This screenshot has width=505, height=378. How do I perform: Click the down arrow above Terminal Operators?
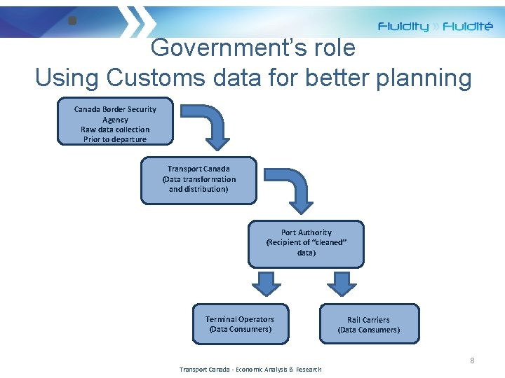click(266, 283)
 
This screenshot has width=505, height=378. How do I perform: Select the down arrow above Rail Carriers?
click(342, 283)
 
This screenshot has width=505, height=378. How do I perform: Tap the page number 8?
click(472, 360)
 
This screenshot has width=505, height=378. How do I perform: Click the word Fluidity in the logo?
click(403, 27)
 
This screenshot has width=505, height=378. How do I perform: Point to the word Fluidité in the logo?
click(467, 27)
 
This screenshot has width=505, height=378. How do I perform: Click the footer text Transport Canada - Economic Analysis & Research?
click(250, 369)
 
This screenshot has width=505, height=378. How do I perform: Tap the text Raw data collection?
click(115, 129)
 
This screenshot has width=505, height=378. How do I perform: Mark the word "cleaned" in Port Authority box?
click(328, 242)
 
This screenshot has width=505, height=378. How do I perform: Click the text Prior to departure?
click(115, 139)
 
